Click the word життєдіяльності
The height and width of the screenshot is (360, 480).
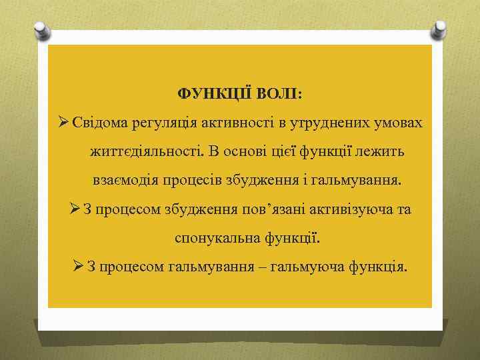point(145,152)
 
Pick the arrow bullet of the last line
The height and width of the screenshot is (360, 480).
point(77,267)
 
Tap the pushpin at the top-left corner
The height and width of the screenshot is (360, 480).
point(41,30)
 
